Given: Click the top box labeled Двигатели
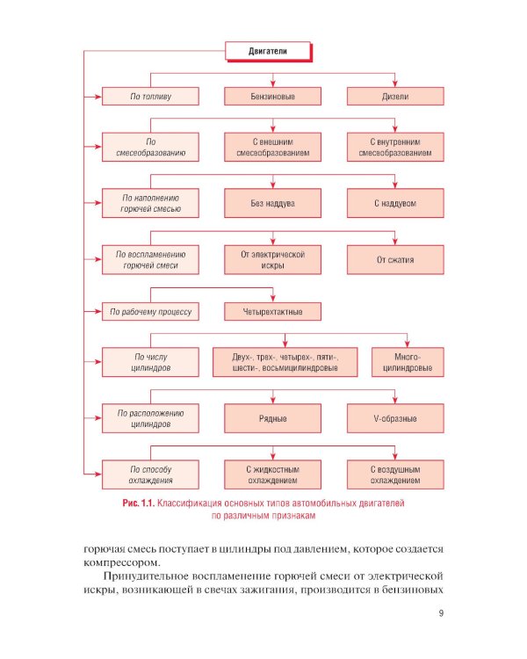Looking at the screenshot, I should pos(269,52).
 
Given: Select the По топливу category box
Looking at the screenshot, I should pos(149,96).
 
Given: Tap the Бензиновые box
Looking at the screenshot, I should pos(272,96).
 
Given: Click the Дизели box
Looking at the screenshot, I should pos(394,96).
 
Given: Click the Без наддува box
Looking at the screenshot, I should pos(272,203).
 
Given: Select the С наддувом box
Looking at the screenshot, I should pos(394,203).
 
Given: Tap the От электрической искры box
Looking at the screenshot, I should pos(272,259).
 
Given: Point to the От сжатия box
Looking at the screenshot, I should pos(394,259).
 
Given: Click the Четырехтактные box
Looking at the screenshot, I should pos(272,311).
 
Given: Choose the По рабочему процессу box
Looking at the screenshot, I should pos(149,311).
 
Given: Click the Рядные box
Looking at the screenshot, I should pos(272,418).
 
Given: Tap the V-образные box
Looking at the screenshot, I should pos(394,418).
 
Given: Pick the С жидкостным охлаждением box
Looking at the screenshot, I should pos(272,474).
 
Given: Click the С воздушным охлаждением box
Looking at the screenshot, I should pos(394,474).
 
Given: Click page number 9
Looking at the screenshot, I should pos(441,613).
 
